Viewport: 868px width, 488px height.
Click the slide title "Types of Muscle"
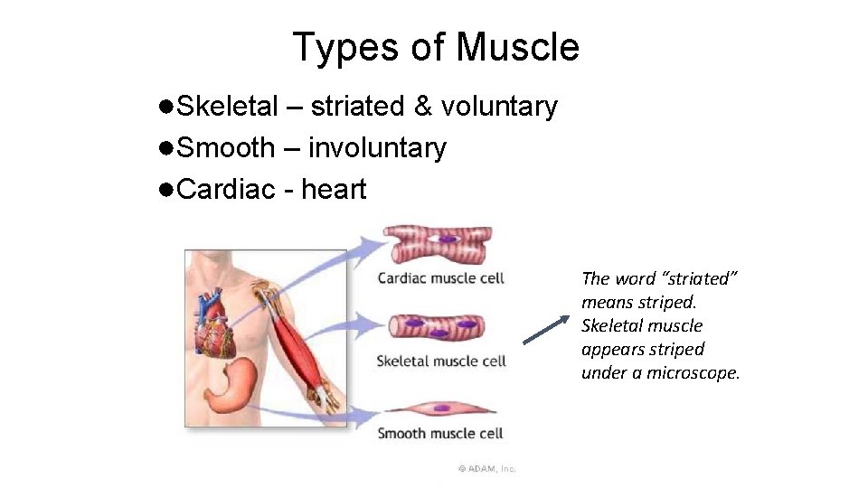click(x=435, y=47)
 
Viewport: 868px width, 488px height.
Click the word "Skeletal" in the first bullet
click(x=227, y=107)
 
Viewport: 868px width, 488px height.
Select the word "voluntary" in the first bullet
click(x=498, y=107)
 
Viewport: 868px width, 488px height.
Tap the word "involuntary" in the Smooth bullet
click(x=377, y=148)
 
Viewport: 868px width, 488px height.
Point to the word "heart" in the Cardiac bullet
click(x=334, y=190)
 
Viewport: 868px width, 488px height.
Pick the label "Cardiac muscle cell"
click(x=440, y=277)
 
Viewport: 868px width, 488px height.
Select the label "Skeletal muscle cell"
click(x=440, y=361)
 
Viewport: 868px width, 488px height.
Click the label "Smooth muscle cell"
click(x=439, y=433)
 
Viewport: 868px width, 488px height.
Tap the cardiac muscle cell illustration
click(x=439, y=242)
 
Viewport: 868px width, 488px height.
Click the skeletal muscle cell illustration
click(x=438, y=325)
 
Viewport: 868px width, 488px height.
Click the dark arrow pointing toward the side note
click(x=546, y=328)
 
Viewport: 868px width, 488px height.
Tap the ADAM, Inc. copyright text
click(x=486, y=468)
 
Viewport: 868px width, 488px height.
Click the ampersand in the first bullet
click(x=422, y=107)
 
